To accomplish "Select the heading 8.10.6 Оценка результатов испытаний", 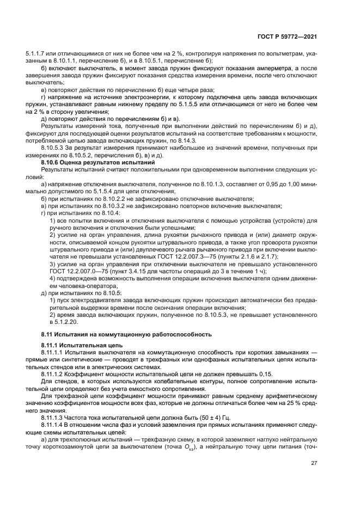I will click(x=98, y=163).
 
